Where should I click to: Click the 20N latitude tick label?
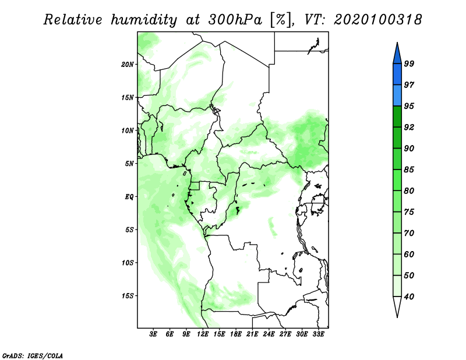[128, 65]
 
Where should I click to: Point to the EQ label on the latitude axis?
[129, 197]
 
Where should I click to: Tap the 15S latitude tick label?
[128, 296]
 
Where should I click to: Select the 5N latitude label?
[129, 164]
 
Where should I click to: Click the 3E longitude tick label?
[153, 334]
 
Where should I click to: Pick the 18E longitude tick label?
[236, 334]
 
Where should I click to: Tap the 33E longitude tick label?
[318, 334]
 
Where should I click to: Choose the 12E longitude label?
[203, 334]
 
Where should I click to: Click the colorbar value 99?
[409, 63]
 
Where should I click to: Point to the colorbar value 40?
[409, 297]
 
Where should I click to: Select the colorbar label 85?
[409, 170]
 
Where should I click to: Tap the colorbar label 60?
[409, 254]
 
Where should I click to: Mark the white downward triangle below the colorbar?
[397, 305]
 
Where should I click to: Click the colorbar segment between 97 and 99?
[397, 75]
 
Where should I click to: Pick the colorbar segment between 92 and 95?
[397, 117]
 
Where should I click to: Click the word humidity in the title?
[144, 20]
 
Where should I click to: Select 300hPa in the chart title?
[235, 20]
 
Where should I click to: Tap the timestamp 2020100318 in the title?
[377, 20]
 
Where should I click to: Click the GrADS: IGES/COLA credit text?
[33, 355]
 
